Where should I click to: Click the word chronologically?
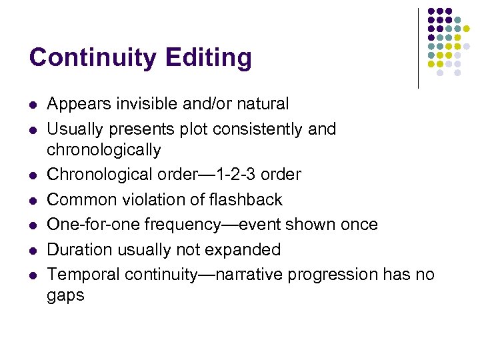[104, 149]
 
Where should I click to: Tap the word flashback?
[245, 199]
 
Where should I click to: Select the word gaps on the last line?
[66, 295]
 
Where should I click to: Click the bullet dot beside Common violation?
[33, 200]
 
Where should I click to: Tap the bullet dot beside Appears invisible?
[33, 105]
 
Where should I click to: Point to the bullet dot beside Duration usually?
[33, 250]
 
